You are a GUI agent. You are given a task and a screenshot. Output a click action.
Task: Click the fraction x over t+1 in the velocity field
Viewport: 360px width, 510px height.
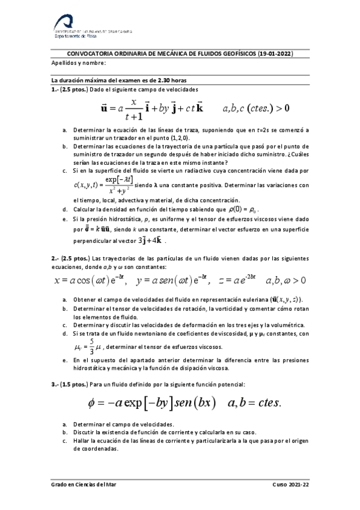point(133,109)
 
